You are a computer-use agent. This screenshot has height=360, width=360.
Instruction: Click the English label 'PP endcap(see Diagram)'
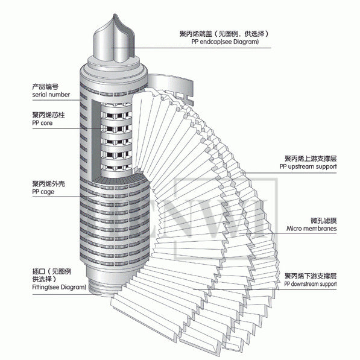tap(225, 42)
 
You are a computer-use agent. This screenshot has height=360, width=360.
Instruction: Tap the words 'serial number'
tap(51, 95)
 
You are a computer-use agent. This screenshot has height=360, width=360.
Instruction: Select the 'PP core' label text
tap(42, 123)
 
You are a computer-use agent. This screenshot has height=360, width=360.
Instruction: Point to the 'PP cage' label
tap(43, 192)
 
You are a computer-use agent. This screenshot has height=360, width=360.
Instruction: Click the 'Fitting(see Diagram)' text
tap(59, 287)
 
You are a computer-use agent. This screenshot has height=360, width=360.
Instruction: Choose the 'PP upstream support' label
tap(308, 166)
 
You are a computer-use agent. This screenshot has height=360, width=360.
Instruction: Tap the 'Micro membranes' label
tap(311, 229)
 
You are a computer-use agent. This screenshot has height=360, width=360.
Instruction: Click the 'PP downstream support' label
tap(311, 284)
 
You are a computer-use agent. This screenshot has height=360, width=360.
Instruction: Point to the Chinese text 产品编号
tap(45, 87)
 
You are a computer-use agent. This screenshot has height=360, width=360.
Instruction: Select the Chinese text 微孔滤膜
tap(323, 221)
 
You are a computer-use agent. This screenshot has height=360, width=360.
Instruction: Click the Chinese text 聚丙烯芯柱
tap(49, 115)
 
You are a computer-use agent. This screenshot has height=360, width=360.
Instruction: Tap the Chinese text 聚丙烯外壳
tap(49, 184)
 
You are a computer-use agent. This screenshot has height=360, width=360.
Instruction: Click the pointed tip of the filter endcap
tap(115, 14)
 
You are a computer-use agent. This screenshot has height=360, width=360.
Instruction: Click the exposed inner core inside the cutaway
tap(116, 139)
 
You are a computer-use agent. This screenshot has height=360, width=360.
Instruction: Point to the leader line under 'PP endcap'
tap(191, 48)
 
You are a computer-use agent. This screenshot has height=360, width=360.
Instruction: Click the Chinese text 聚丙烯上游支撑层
tap(311, 159)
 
